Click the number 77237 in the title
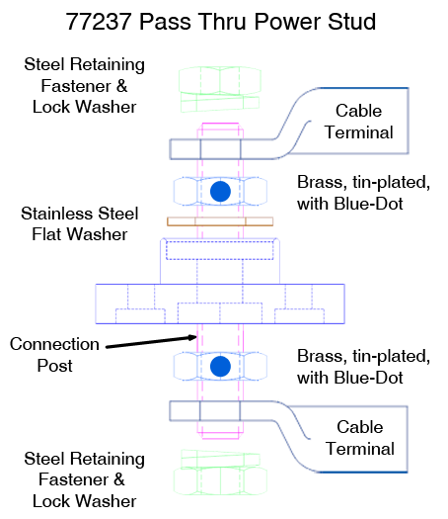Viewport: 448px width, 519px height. click(99, 22)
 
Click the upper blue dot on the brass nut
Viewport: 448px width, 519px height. click(220, 192)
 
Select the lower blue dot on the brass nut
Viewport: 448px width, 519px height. click(220, 367)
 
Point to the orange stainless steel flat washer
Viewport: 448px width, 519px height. click(220, 221)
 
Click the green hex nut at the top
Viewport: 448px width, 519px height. click(220, 80)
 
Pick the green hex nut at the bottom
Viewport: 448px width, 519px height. click(220, 481)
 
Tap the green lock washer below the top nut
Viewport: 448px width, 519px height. click(220, 102)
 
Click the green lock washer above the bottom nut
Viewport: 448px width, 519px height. click(220, 459)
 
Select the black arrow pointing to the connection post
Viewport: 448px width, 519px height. click(151, 342)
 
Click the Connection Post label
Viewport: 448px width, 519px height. click(54, 355)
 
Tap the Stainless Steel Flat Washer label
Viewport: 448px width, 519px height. click(80, 224)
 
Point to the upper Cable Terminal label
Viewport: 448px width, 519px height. click(359, 122)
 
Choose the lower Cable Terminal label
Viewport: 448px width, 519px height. click(360, 438)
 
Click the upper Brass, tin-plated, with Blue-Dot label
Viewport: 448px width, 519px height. click(363, 193)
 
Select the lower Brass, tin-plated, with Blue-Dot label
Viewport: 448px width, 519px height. click(363, 367)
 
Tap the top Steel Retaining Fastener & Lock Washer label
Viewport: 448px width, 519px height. click(84, 85)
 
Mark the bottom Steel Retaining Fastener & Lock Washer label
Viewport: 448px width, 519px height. click(84, 479)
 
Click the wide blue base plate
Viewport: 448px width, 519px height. click(220, 303)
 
